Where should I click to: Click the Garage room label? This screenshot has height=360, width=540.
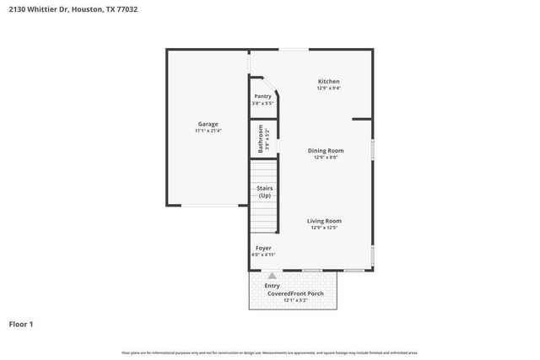[x=208, y=124]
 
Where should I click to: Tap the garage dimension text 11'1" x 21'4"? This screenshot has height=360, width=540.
[x=208, y=131]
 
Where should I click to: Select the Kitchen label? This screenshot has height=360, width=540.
[x=328, y=81]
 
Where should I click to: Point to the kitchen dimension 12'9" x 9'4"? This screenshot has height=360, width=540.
[x=328, y=88]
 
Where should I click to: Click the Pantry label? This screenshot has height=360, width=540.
[x=263, y=96]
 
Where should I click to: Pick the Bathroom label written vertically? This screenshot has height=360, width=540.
[x=261, y=139]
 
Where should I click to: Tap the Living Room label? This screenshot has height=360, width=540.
[x=325, y=221]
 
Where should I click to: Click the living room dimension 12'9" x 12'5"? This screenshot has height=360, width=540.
[x=325, y=228]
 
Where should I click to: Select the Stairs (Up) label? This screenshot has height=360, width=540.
[x=264, y=191]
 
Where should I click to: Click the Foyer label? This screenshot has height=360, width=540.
[x=263, y=248]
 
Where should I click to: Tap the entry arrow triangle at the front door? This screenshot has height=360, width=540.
[x=272, y=276]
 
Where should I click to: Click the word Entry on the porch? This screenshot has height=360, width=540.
[x=272, y=286]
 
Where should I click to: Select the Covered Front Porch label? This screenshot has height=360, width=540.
[x=292, y=293]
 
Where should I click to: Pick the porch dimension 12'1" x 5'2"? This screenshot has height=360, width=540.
[x=292, y=300]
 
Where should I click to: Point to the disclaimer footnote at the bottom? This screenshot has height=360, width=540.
[x=270, y=352]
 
